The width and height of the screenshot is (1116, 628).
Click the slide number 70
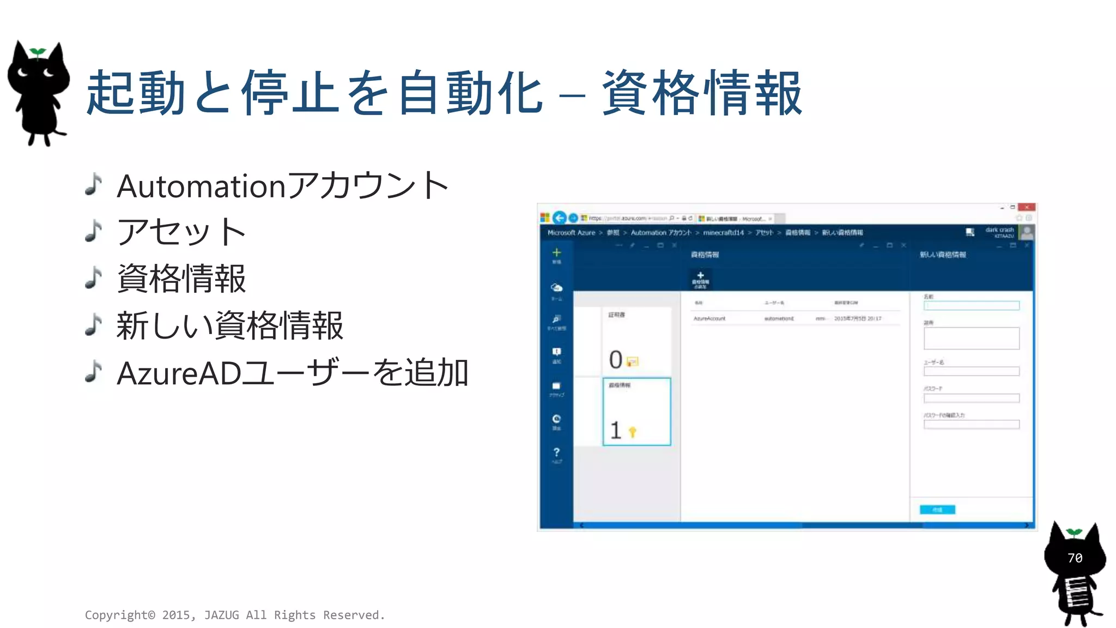[x=1075, y=558]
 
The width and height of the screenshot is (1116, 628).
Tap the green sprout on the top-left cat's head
[x=37, y=52]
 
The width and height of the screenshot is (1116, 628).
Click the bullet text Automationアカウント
[x=282, y=186]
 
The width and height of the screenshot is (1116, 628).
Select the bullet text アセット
[x=181, y=232]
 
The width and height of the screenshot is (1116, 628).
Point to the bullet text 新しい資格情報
[x=229, y=326]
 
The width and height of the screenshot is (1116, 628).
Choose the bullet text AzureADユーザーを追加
[x=293, y=373]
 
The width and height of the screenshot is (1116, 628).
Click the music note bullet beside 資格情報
[x=94, y=278]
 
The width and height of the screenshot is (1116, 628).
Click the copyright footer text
[x=235, y=615]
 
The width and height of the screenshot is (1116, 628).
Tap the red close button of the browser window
[x=1026, y=207]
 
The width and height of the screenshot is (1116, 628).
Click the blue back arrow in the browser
[x=559, y=218]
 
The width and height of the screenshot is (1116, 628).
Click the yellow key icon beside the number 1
[x=632, y=432]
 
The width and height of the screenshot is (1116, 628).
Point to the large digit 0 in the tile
[x=616, y=360]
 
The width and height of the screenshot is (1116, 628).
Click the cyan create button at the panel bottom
[x=937, y=510]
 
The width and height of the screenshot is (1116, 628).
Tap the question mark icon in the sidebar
[x=556, y=452]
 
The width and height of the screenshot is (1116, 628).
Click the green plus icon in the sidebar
[x=556, y=252]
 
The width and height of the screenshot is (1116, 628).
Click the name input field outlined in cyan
[x=971, y=306]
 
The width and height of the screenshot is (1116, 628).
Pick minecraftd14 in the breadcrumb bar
[x=723, y=233]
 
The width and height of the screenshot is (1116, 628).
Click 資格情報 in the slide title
[x=702, y=93]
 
